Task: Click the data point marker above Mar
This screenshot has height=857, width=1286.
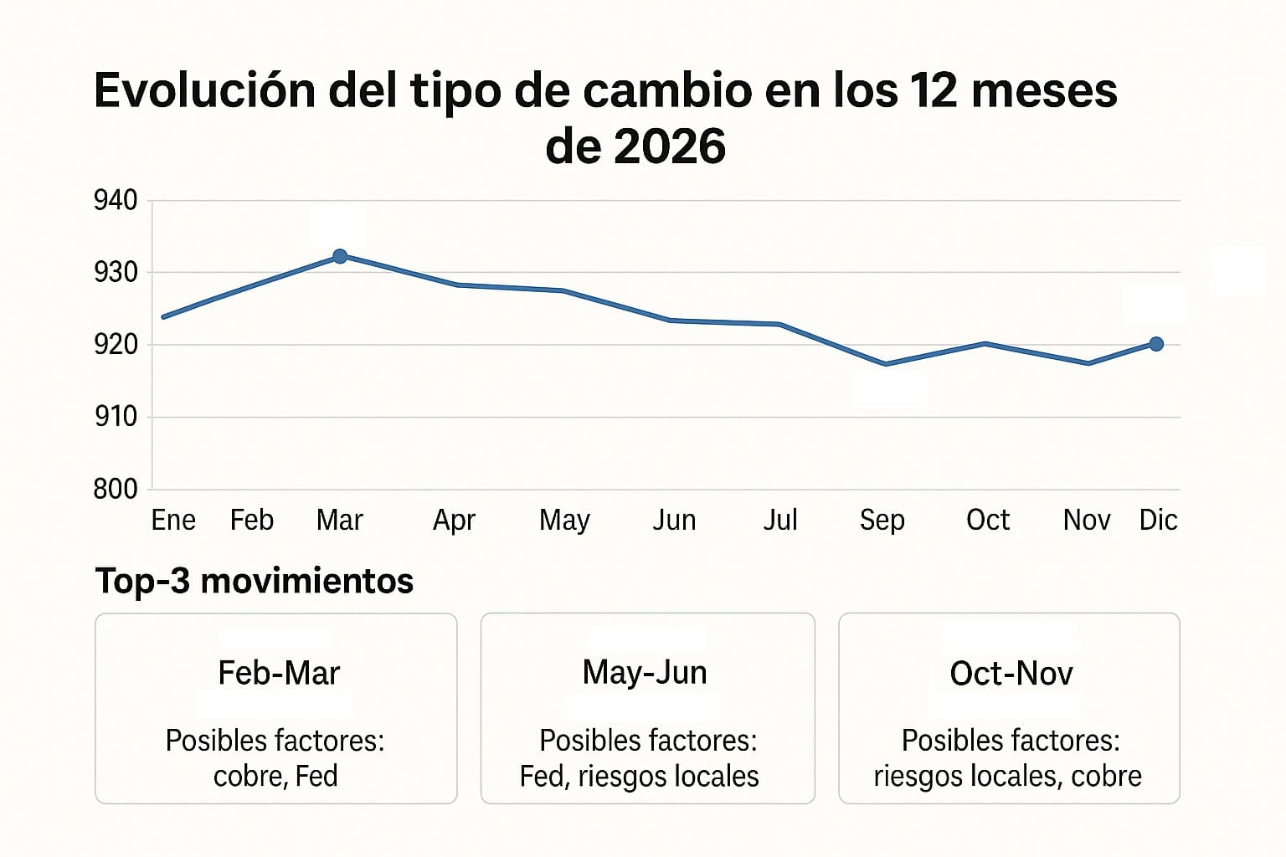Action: pyautogui.click(x=340, y=256)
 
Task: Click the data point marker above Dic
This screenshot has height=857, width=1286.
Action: pyautogui.click(x=1156, y=344)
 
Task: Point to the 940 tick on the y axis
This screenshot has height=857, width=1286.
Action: pyautogui.click(x=116, y=201)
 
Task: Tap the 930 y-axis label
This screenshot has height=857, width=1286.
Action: pyautogui.click(x=116, y=273)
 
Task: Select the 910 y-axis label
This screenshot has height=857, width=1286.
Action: pyautogui.click(x=116, y=417)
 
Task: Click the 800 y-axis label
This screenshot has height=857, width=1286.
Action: pyautogui.click(x=116, y=489)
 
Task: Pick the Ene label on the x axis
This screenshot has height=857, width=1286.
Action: pyautogui.click(x=173, y=521)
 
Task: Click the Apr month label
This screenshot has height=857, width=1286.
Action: pyautogui.click(x=454, y=521)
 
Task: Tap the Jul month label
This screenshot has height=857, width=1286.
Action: pyautogui.click(x=780, y=521)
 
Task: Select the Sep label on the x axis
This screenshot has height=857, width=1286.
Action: pyautogui.click(x=882, y=521)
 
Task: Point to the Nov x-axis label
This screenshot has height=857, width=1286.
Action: pyautogui.click(x=1087, y=521)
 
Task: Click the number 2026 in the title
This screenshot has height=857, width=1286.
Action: pyautogui.click(x=669, y=147)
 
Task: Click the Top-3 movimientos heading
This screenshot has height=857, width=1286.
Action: pyautogui.click(x=255, y=581)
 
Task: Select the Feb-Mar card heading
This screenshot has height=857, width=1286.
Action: pyautogui.click(x=279, y=673)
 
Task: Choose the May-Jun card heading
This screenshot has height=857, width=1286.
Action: pyautogui.click(x=645, y=673)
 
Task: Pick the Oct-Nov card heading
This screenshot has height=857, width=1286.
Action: pyautogui.click(x=1011, y=674)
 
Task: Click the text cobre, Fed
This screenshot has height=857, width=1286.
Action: pyautogui.click(x=275, y=777)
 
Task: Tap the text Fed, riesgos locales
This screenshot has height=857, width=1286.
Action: pyautogui.click(x=639, y=777)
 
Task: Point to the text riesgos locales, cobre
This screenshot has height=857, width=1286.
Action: pyautogui.click(x=1007, y=777)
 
